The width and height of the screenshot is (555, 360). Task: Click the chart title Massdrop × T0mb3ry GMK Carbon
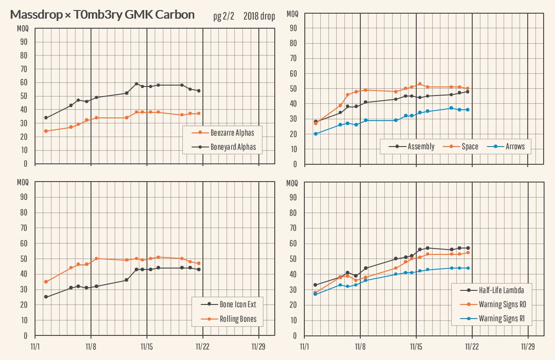pos(102,15)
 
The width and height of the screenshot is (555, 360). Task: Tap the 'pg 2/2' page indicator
pos(224,16)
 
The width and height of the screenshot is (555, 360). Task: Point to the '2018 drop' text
pos(259,16)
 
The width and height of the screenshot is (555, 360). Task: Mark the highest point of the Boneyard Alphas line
pos(136,84)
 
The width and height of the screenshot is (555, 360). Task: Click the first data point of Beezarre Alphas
pos(45,131)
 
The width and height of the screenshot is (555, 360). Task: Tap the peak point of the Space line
pos(419,84)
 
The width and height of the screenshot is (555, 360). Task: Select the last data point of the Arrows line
pos(467,110)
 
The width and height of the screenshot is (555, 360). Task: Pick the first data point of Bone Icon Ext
pos(45,297)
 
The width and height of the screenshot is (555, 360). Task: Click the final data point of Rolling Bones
pos(199,263)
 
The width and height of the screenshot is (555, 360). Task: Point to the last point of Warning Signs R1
pos(468,268)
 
